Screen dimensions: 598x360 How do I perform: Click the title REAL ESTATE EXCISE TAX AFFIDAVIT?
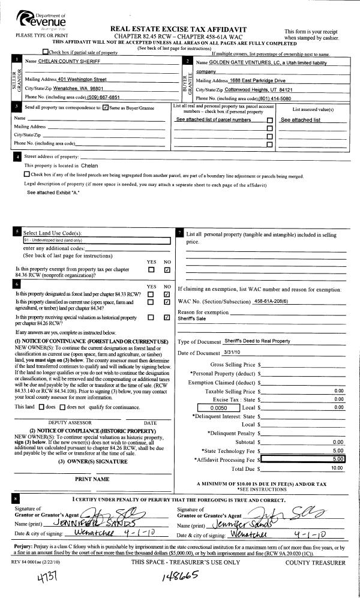(x=179, y=29)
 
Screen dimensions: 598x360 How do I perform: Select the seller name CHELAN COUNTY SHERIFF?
(x=71, y=62)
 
